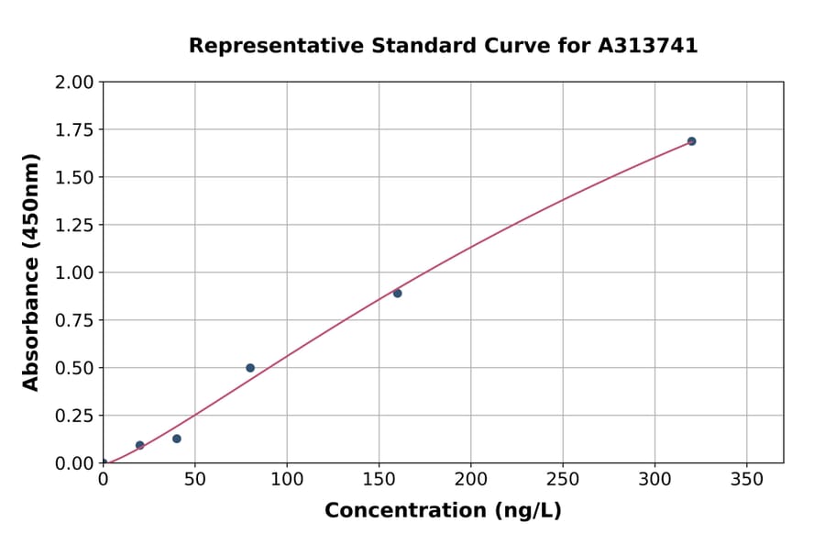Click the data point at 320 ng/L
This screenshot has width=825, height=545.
pos(691,141)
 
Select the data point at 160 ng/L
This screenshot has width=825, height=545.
pos(397,294)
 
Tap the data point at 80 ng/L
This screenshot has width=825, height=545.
pos(250,368)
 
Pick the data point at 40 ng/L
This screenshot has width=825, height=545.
pos(177,439)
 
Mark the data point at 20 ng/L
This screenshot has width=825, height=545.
pos(140,445)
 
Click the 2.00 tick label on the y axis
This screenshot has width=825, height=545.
pos(74,83)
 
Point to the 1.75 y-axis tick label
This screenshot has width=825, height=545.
pos(74,130)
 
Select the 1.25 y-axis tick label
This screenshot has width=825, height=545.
pos(74,226)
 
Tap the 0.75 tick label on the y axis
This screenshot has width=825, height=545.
pos(74,320)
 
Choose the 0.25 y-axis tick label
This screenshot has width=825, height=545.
pos(74,416)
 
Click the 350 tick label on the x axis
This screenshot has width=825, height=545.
pos(746,479)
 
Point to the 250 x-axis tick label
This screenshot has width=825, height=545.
pos(562,479)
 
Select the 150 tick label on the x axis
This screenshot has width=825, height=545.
pos(379,479)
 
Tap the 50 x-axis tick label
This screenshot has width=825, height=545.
pos(194,479)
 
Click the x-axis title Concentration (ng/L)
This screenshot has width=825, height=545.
pos(443,511)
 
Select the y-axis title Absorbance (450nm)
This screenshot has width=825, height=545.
pos(31,272)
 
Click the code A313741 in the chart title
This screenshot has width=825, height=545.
pos(649,46)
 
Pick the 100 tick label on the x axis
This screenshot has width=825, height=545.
pos(287,479)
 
